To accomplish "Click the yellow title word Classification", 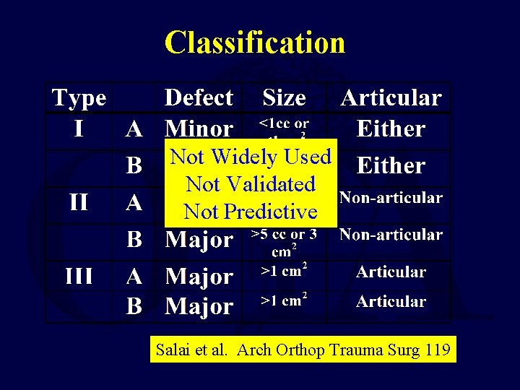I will pyautogui.click(x=254, y=43).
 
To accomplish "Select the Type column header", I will pyautogui.click(x=79, y=97).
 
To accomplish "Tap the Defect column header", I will pyautogui.click(x=199, y=97).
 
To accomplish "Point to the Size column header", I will pyautogui.click(x=284, y=97).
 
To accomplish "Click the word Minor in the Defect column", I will pyautogui.click(x=199, y=129).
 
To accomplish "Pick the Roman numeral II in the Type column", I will pyautogui.click(x=78, y=201).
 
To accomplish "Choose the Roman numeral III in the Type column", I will pyautogui.click(x=78, y=276).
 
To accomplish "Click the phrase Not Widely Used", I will pyautogui.click(x=250, y=157).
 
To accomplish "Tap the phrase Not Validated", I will pyautogui.click(x=251, y=184).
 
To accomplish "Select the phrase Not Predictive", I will pyautogui.click(x=251, y=212).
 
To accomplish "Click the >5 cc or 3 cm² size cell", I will pyautogui.click(x=284, y=242).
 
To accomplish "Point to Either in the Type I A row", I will pyautogui.click(x=391, y=129).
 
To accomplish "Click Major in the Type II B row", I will pyautogui.click(x=199, y=239).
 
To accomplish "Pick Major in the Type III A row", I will pyautogui.click(x=199, y=277).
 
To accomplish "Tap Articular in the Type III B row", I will pyautogui.click(x=391, y=301).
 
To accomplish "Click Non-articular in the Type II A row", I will pyautogui.click(x=391, y=197).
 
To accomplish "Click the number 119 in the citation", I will pyautogui.click(x=436, y=351).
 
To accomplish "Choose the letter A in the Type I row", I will pyautogui.click(x=134, y=129).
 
